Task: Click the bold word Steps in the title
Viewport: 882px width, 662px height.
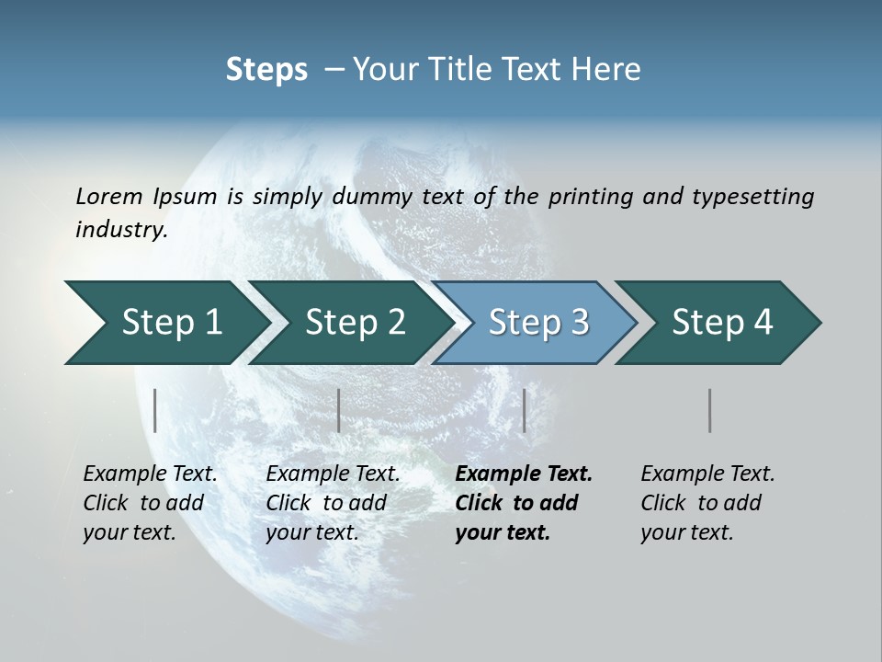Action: pos(266,70)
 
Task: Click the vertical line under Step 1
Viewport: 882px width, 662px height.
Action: pos(155,410)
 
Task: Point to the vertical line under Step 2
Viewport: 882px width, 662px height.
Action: pos(339,410)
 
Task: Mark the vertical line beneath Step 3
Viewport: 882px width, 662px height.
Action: pos(524,410)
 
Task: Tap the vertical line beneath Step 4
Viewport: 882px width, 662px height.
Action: pos(709,410)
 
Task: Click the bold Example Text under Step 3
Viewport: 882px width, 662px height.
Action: pos(524,474)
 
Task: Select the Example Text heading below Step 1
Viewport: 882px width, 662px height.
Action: pos(150,474)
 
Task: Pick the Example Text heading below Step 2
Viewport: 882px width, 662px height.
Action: pos(333,474)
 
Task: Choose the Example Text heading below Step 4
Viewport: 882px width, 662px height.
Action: pos(707,474)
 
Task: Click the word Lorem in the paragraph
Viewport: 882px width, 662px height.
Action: pos(109,196)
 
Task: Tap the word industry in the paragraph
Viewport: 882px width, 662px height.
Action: pos(121,229)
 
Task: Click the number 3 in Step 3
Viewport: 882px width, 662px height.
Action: pos(580,323)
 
